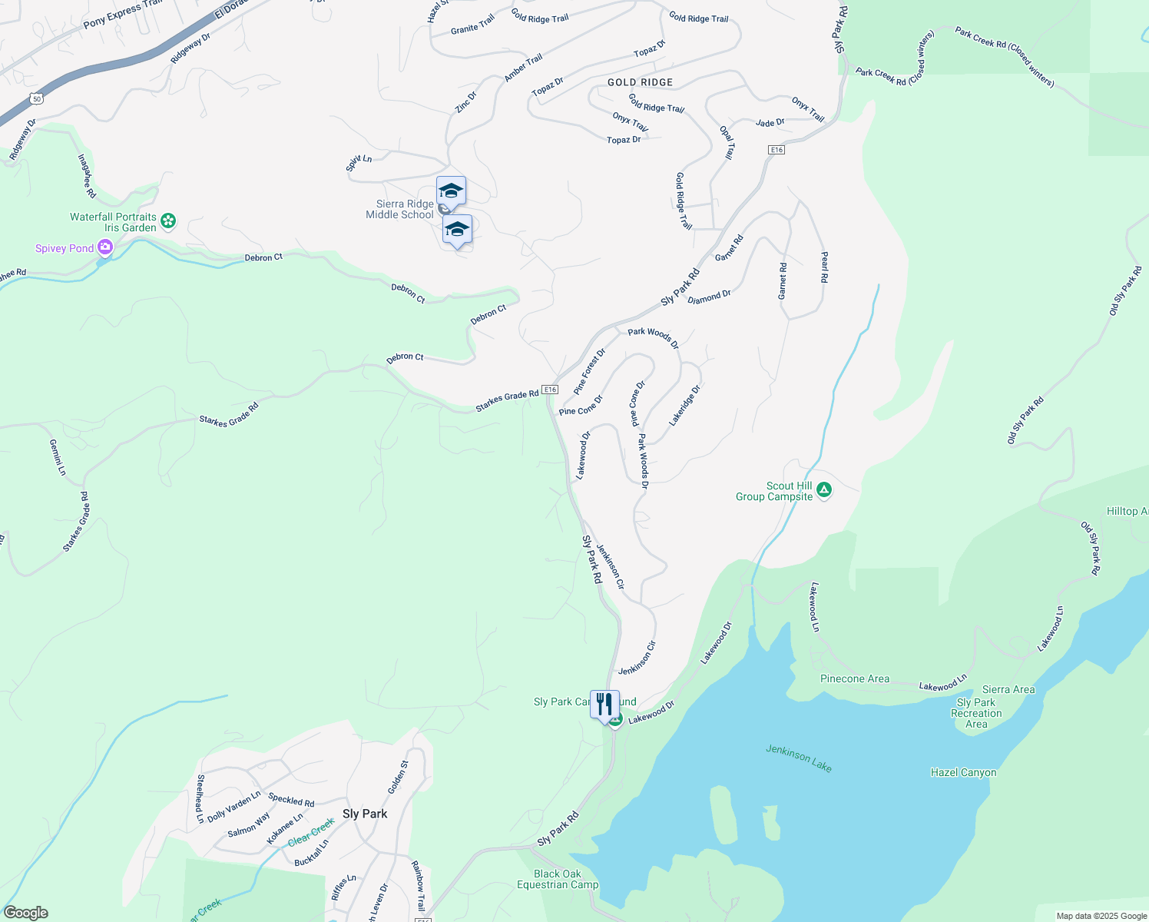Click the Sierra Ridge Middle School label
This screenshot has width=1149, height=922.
click(x=399, y=210)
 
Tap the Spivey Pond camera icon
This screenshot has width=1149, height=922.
click(x=105, y=247)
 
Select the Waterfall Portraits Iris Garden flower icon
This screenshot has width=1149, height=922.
click(x=168, y=221)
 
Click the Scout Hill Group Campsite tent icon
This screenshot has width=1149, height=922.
click(x=824, y=489)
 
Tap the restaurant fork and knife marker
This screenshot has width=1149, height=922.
click(x=604, y=704)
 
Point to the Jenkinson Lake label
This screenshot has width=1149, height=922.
click(x=799, y=758)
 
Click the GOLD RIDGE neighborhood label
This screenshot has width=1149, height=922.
click(x=640, y=82)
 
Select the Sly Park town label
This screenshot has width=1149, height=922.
click(x=365, y=814)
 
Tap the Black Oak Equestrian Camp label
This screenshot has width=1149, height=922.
click(x=558, y=879)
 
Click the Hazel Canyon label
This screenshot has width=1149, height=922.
click(x=963, y=773)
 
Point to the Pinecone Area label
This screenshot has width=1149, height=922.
click(x=855, y=678)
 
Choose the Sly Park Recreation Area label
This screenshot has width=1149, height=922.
click(x=976, y=713)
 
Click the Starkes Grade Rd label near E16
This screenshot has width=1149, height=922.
click(x=507, y=400)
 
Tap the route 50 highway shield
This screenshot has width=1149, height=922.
click(x=37, y=98)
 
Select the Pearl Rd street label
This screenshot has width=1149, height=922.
click(x=824, y=267)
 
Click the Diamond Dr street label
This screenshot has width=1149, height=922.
click(x=709, y=297)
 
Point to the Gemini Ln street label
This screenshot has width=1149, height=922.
click(x=58, y=457)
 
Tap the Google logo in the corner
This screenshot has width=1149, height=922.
click(x=25, y=913)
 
